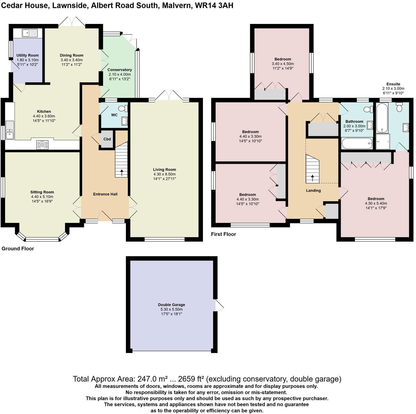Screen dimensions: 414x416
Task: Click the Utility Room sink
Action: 30,33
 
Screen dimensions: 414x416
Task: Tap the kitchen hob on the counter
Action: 42,145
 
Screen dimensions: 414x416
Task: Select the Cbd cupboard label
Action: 107,139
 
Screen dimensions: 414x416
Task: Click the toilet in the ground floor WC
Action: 125,109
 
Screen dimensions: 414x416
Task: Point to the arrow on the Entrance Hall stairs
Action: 122,173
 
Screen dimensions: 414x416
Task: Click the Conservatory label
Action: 120,70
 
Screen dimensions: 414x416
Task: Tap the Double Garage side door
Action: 219,305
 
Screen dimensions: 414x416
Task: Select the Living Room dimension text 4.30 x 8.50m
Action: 165,174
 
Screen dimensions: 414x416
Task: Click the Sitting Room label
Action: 42,192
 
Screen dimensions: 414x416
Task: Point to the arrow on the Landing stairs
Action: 313,178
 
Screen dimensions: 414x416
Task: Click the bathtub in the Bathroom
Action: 357,144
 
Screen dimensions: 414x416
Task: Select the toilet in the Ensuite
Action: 399,107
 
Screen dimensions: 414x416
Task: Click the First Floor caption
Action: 223,234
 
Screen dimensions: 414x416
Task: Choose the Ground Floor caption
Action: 18,249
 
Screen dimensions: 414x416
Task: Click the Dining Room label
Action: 71,55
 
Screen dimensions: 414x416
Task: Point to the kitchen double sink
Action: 9,130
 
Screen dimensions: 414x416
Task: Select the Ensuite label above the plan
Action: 393,84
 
